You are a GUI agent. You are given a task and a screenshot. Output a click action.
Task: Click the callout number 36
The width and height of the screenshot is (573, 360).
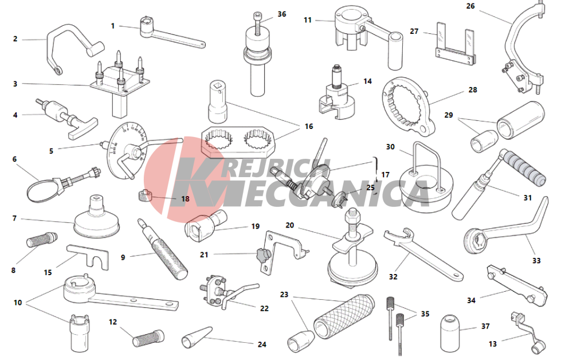281,14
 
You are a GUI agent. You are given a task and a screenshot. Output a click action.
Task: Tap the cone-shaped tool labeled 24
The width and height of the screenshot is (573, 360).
197,337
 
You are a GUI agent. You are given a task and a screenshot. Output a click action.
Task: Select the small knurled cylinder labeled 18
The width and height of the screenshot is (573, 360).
145,195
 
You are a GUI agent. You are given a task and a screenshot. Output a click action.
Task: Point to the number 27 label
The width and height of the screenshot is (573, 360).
414,32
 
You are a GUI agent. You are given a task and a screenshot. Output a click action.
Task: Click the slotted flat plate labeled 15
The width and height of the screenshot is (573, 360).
88,256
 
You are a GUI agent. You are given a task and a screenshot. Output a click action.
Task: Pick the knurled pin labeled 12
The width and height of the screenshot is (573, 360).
148,338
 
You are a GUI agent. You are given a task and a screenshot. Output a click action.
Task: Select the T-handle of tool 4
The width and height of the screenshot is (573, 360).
83,128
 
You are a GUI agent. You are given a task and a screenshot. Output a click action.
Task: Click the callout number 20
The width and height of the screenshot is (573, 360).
289,225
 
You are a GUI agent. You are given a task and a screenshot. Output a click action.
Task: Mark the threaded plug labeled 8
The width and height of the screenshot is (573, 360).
42,240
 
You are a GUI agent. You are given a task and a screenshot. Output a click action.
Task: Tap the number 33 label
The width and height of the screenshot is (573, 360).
536,261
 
